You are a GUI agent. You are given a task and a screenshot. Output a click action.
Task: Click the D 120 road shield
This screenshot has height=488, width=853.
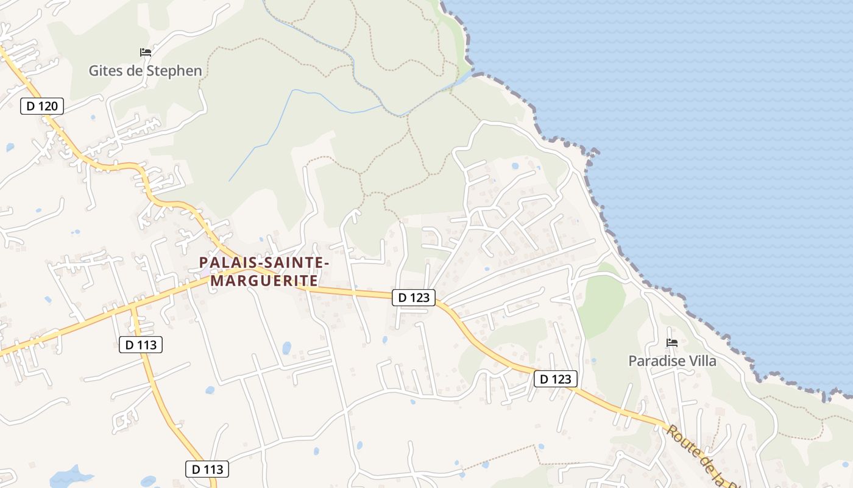coord(42,106)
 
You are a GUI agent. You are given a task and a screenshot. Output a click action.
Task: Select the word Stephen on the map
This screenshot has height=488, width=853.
coord(174,71)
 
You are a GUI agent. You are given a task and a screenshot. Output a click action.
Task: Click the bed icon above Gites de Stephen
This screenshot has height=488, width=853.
coord(145,52)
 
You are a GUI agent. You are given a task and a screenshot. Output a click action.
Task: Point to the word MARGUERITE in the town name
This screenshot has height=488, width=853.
coord(264,281)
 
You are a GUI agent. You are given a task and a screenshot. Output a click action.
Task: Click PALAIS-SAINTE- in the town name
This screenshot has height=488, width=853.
coord(264,262)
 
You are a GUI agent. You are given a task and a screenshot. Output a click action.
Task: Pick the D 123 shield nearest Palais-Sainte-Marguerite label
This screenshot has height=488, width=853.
coord(414,298)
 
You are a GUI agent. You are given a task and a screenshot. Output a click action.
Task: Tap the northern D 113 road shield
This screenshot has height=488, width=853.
coord(141,345)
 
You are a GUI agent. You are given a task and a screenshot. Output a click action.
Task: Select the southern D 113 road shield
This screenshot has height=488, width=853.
coord(207,469)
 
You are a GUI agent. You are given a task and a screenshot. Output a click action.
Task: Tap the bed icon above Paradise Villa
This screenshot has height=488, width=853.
coord(672,343)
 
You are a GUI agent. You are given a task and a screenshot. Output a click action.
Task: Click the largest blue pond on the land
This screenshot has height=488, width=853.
coord(69,476)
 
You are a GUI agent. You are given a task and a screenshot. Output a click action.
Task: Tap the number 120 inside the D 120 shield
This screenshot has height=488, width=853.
coord(48,106)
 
